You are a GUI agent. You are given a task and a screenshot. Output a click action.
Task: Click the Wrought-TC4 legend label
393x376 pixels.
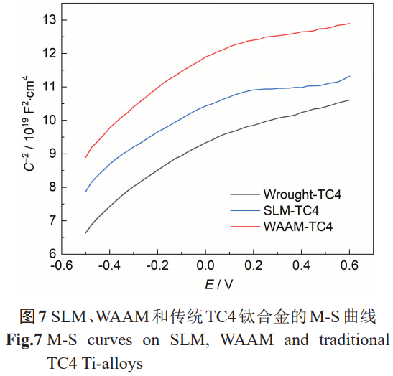pos(301,194)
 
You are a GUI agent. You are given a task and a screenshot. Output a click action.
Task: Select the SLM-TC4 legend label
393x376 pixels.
pos(291,210)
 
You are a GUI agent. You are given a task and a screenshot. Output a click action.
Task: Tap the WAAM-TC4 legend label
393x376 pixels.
pos(296,226)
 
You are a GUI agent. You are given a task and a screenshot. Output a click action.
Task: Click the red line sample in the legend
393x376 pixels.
pos(244,226)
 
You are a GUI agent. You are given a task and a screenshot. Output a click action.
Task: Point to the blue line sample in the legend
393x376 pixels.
pos(244,210)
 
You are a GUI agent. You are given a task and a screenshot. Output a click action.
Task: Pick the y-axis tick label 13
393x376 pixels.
pos(49,19)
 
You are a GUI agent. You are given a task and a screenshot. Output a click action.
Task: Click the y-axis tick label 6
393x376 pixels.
pos(52,254)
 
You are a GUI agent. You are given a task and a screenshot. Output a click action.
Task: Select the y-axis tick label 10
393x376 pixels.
pos(49,120)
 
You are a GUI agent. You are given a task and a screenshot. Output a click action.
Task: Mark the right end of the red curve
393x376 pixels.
pos(349,24)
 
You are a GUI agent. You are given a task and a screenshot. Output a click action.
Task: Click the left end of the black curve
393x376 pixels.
pos(86,232)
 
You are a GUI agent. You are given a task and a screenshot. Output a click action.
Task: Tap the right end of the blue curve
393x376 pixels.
pos(349,76)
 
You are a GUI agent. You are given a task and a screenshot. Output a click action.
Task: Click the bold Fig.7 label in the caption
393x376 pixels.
pos(22,339)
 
